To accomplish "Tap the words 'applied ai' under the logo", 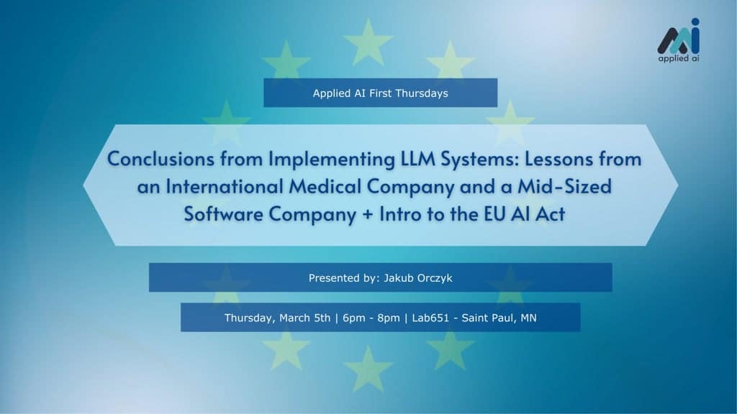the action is pos(678,58).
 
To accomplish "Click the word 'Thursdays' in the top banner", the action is pos(422,93).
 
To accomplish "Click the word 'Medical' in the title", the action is pos(325,187).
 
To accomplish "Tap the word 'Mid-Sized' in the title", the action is pos(564,187).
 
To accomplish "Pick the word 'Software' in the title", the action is pos(223,214).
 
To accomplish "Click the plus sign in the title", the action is pos(368,215).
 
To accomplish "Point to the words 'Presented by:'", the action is pos(344,278).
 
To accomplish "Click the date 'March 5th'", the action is pos(304,318).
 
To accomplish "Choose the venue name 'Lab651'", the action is pos(430,318).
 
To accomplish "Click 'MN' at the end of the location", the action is pos(528,318).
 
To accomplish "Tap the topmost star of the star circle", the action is pos(368,41).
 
